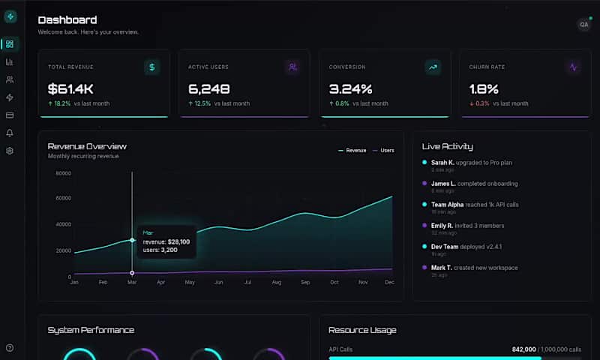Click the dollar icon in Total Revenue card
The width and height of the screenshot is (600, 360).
click(x=152, y=67)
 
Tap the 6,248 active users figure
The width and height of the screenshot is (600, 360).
click(x=209, y=88)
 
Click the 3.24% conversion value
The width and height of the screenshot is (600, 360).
click(x=350, y=88)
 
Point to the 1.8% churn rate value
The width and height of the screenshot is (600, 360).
click(x=484, y=88)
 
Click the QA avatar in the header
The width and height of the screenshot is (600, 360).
click(x=583, y=25)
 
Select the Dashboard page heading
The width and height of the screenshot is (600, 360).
click(x=67, y=20)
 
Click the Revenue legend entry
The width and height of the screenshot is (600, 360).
click(x=352, y=151)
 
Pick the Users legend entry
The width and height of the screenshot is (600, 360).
click(x=383, y=151)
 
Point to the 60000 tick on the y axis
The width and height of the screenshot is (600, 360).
click(x=64, y=199)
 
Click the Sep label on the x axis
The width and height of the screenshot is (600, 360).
click(x=305, y=283)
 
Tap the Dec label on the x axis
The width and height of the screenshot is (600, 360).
click(x=390, y=283)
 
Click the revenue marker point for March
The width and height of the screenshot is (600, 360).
click(x=133, y=240)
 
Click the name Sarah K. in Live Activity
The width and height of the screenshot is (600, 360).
click(x=442, y=163)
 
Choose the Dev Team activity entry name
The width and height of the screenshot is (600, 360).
click(x=445, y=247)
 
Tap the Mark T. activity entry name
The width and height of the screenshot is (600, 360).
click(x=442, y=268)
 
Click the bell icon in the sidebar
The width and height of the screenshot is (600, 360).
click(x=10, y=133)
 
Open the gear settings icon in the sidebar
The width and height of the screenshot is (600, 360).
click(x=10, y=151)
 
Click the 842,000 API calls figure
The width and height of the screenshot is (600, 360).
click(x=523, y=349)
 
